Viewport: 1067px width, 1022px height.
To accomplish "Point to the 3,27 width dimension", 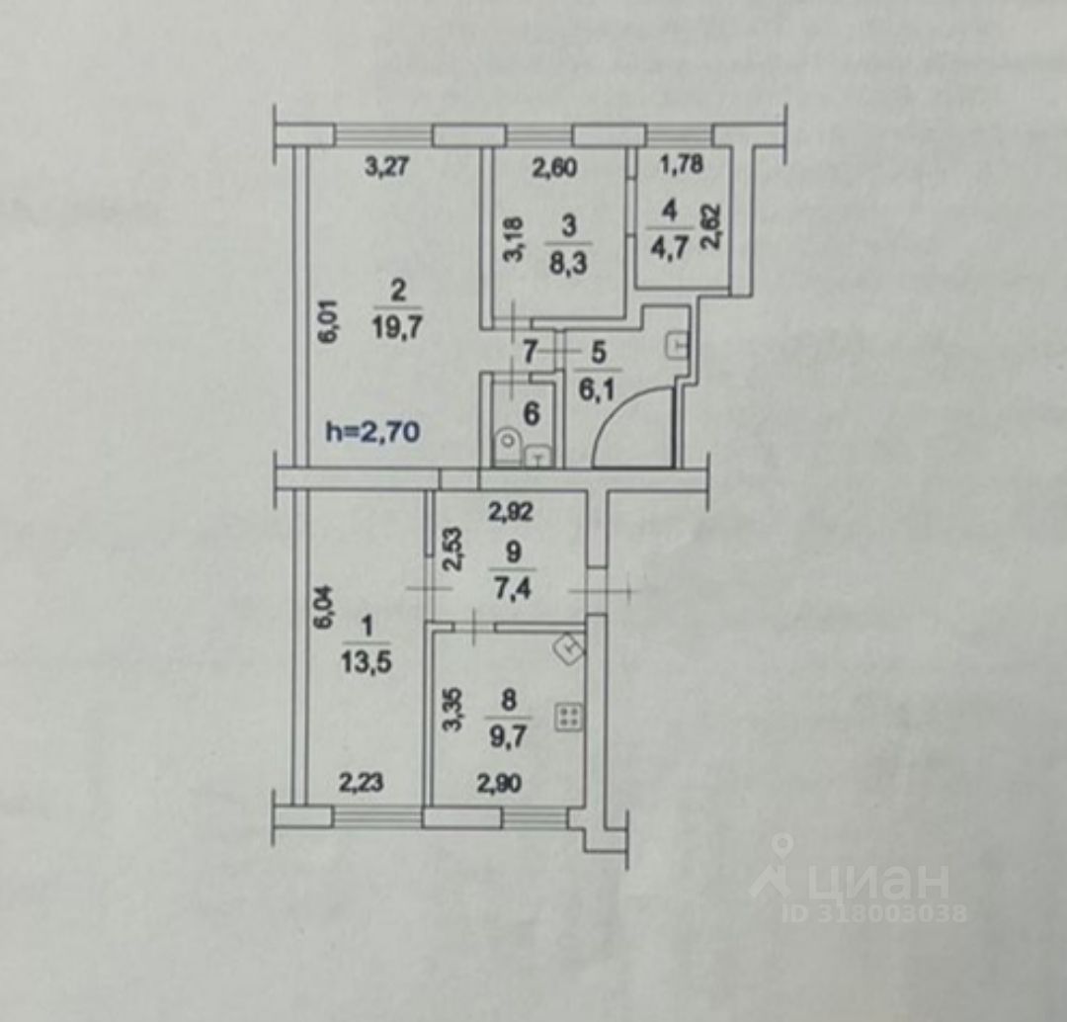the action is (x=385, y=167).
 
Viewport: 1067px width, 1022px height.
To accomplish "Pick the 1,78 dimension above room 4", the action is (x=682, y=165).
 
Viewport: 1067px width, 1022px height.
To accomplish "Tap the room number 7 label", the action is (x=530, y=350).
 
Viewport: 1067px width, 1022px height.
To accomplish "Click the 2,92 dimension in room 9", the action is (x=513, y=513).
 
